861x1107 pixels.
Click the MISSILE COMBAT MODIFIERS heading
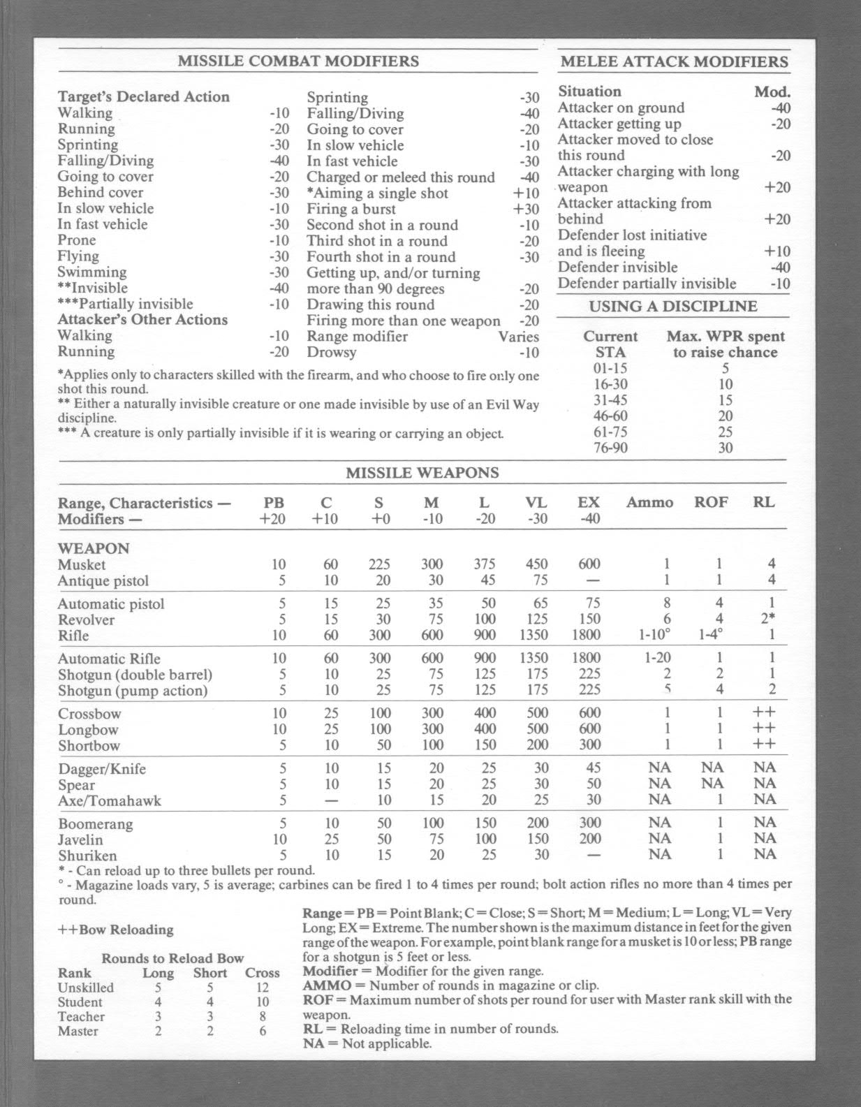point(298,61)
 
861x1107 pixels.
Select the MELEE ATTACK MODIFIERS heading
point(674,61)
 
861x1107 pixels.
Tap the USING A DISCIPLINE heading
point(672,306)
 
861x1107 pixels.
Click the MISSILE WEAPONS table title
point(422,473)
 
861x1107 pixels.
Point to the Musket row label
point(82,564)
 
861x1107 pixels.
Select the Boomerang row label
point(95,824)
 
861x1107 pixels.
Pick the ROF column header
point(710,502)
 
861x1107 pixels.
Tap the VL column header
point(536,502)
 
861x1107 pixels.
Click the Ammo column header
point(649,502)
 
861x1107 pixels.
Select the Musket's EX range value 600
point(589,564)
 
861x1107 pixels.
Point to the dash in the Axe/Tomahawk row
point(331,800)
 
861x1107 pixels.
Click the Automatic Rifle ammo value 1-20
point(657,658)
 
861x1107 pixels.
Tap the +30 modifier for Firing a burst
point(526,209)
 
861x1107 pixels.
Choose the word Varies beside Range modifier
point(518,337)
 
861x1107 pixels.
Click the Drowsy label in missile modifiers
point(331,352)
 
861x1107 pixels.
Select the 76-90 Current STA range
point(610,448)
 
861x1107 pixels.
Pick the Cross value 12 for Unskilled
point(263,988)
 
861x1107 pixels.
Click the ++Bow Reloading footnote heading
point(116,930)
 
